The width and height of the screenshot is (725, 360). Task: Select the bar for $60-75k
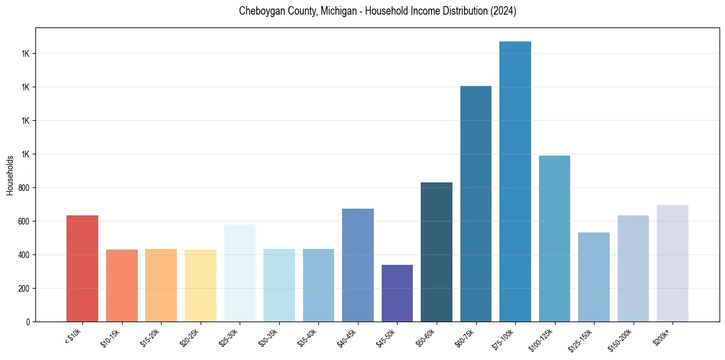point(476,204)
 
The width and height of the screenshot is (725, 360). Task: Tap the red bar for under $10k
point(82,268)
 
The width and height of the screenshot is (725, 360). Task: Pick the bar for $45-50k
point(397,293)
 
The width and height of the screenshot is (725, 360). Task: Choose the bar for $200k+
point(673,263)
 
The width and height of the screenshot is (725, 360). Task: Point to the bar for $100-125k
point(554,239)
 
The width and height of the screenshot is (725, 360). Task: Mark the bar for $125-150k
point(594,277)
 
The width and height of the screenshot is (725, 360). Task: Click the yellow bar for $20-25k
point(201,286)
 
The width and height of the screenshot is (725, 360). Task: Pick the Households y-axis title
point(10,175)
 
